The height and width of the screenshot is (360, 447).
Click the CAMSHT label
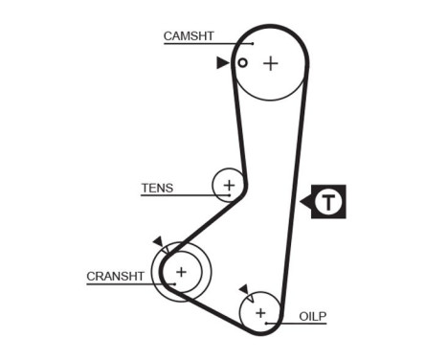click(189, 36)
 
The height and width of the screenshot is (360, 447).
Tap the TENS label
click(157, 188)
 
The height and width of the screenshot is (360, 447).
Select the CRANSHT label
click(116, 276)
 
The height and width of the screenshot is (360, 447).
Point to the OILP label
click(313, 314)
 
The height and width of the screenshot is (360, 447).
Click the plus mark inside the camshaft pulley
click(271, 63)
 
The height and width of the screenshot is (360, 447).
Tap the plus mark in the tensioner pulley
click(229, 184)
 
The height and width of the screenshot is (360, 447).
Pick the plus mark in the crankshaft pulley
click(181, 273)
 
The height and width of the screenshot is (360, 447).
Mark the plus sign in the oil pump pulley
click(259, 312)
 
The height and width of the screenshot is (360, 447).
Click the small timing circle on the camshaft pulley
click(243, 63)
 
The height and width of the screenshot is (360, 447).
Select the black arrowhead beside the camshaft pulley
click(223, 63)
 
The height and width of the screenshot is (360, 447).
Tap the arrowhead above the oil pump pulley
click(244, 287)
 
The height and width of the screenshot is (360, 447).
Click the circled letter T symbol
click(329, 201)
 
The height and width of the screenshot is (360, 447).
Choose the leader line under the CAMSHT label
click(206, 44)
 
